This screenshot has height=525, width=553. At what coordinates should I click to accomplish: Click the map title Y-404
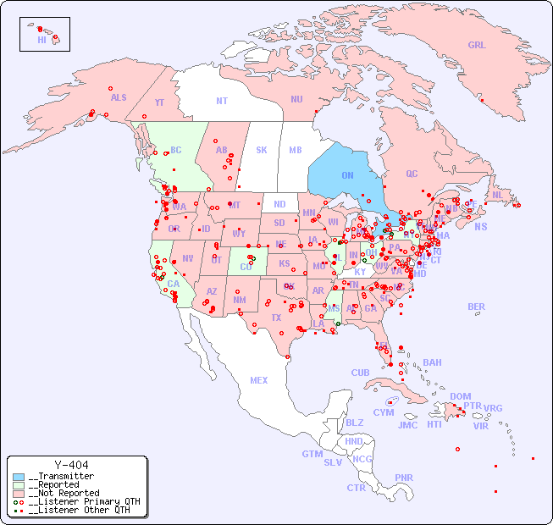click(71, 465)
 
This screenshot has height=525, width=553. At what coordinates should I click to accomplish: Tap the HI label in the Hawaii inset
click(41, 40)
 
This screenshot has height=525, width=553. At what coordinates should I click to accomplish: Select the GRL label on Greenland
click(477, 46)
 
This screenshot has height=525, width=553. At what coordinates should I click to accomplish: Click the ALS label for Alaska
click(119, 97)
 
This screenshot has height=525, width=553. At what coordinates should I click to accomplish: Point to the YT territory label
click(159, 102)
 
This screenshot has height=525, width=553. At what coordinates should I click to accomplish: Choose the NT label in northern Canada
click(222, 101)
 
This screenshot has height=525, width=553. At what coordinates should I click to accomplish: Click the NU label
click(296, 99)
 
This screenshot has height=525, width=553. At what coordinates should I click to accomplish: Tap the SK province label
click(262, 150)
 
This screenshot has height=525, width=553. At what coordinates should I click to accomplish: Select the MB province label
click(296, 150)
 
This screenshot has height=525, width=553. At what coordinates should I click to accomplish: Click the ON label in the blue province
click(347, 175)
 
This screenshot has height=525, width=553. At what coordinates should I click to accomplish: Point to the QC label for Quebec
click(412, 174)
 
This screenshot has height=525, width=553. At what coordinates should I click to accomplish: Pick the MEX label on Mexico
click(259, 380)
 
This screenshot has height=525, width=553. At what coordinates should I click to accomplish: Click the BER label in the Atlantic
click(477, 307)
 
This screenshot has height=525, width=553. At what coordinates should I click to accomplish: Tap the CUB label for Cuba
click(360, 373)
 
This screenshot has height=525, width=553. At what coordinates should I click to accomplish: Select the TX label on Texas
click(276, 318)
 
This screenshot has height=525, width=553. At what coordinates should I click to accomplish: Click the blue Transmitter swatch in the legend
click(19, 477)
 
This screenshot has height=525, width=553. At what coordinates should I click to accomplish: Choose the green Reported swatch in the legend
click(19, 485)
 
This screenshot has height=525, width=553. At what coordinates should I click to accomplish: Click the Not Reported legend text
click(64, 493)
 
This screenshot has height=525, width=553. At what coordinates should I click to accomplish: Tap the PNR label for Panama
click(404, 478)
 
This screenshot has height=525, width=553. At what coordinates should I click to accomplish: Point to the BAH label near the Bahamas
click(432, 362)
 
